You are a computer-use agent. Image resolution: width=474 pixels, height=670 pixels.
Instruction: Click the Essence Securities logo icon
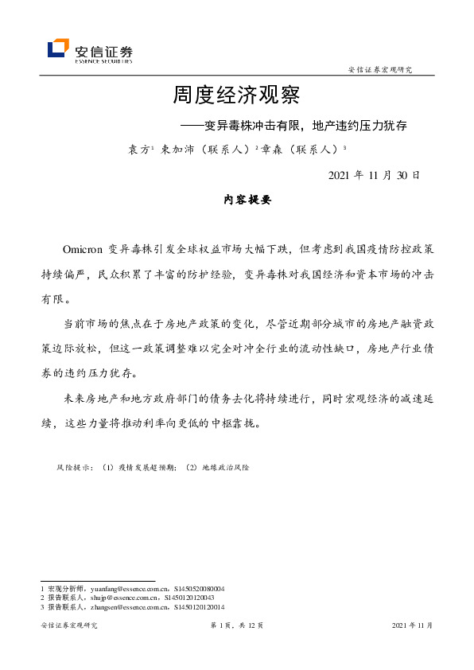[x=57, y=49]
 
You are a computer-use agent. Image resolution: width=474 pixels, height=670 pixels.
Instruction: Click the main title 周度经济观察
[x=236, y=96]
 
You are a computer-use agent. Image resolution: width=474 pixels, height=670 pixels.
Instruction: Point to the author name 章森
[x=271, y=149]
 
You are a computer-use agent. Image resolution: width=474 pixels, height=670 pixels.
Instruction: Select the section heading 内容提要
[x=247, y=201]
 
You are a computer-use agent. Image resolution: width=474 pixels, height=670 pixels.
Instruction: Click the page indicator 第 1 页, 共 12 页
[x=236, y=626]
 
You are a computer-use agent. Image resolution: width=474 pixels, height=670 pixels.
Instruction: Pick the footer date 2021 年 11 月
[x=412, y=626]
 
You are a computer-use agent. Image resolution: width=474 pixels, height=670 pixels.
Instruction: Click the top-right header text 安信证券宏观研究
[x=380, y=70]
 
